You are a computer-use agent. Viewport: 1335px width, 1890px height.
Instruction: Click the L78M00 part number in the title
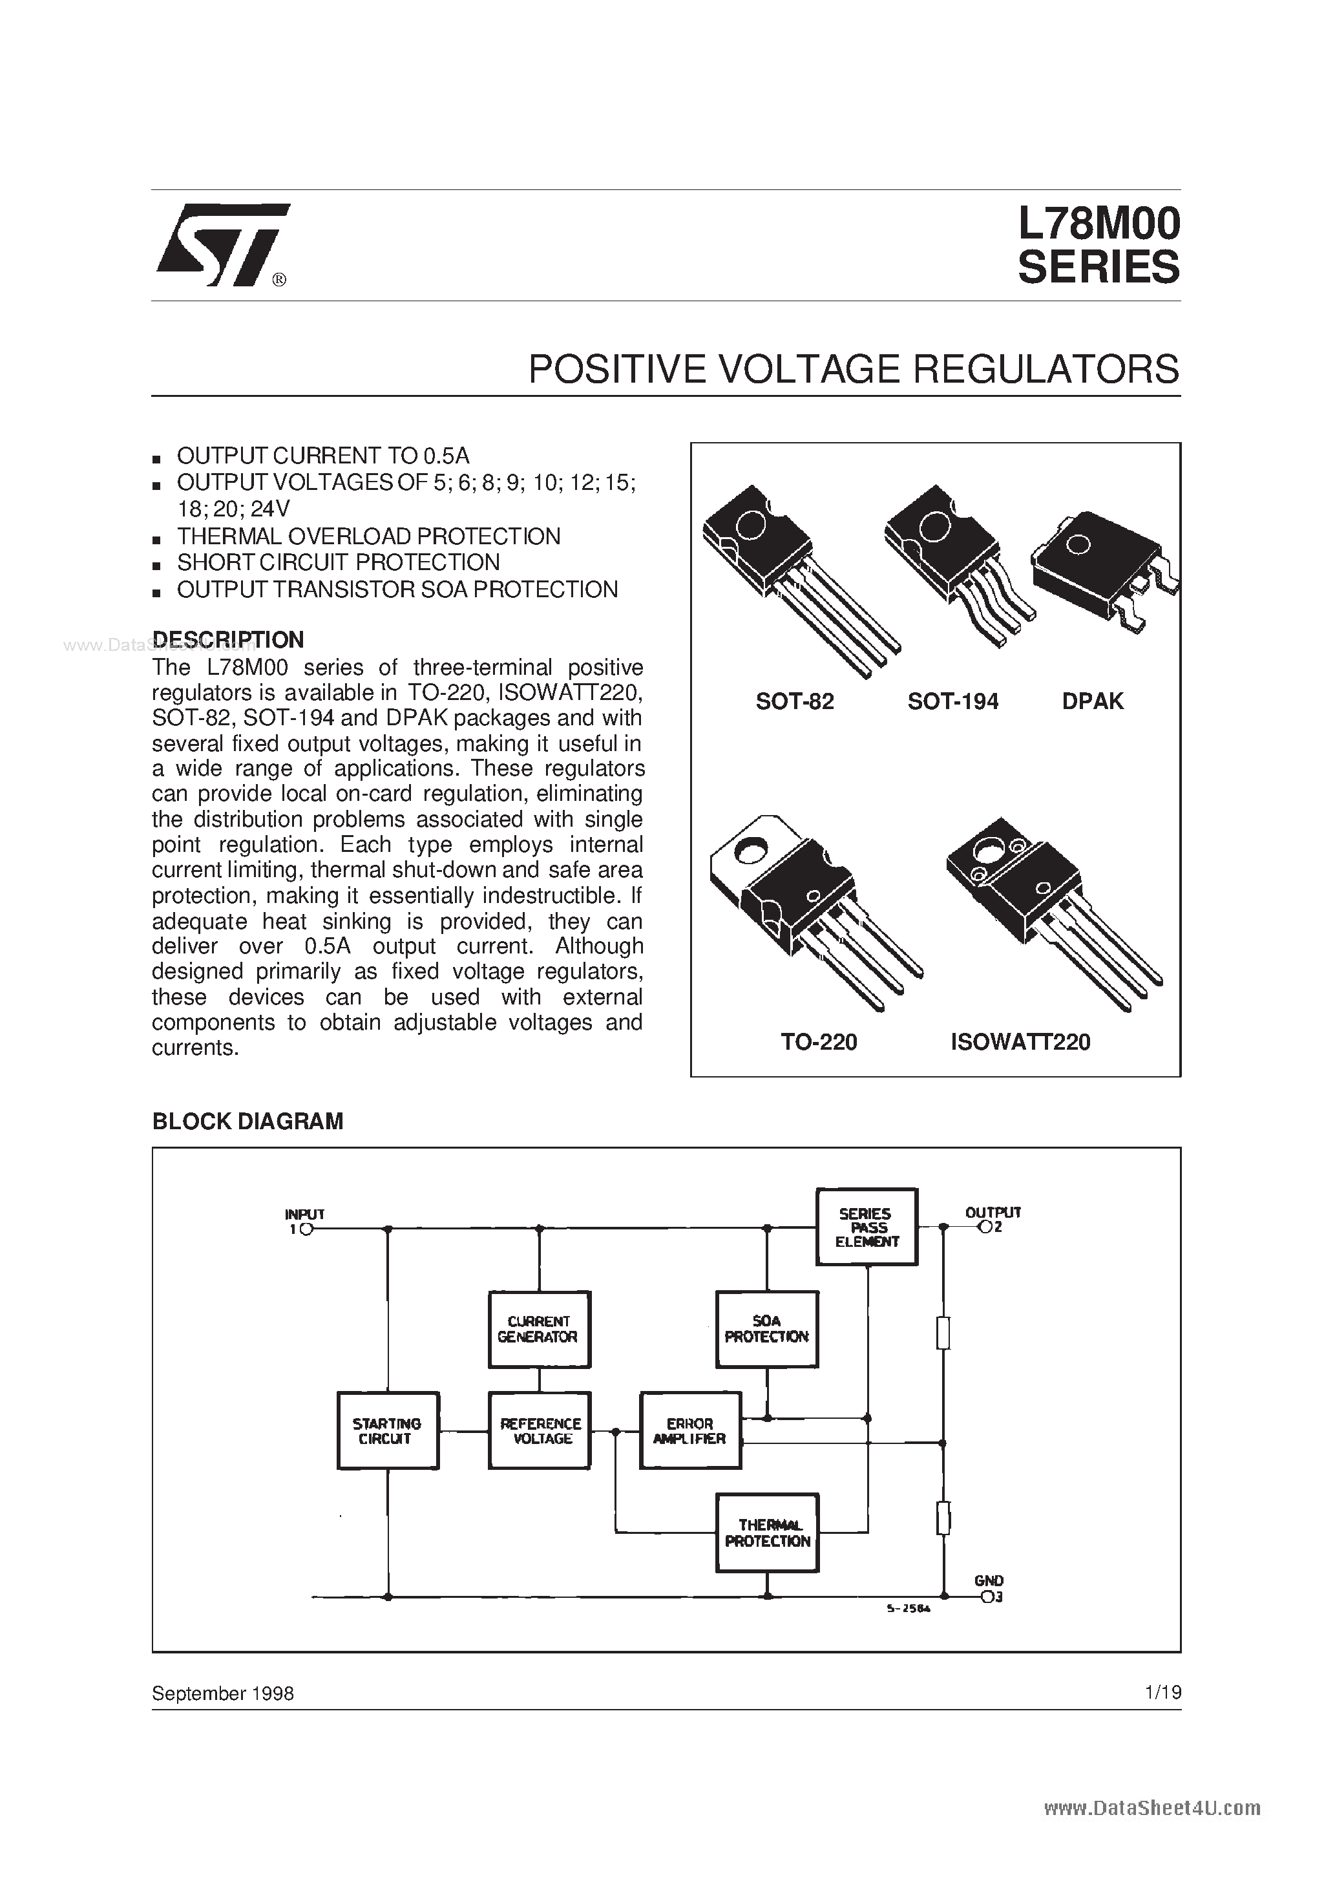(x=1098, y=223)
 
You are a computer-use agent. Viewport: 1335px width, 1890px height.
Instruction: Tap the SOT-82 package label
(x=794, y=701)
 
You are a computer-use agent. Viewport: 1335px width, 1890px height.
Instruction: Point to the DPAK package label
(x=1092, y=701)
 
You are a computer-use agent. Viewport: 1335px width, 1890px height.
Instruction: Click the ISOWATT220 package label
(x=1020, y=1042)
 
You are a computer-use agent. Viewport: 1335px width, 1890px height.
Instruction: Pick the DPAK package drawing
(x=1103, y=568)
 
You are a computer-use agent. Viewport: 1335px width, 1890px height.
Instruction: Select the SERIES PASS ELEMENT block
(x=866, y=1227)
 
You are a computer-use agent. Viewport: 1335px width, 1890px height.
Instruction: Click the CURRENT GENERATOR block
(x=539, y=1330)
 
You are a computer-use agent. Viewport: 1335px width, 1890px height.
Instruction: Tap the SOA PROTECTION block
(x=766, y=1330)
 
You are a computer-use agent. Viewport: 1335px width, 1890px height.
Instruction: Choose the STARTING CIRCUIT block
(x=388, y=1430)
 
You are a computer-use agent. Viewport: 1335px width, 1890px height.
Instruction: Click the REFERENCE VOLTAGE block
(x=539, y=1430)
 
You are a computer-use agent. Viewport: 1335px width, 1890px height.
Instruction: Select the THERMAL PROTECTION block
(x=766, y=1533)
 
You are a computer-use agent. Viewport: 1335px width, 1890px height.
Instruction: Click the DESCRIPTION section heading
(x=228, y=640)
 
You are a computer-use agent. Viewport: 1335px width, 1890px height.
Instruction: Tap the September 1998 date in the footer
(x=222, y=1694)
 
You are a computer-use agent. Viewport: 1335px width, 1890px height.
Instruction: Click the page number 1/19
(x=1162, y=1692)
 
